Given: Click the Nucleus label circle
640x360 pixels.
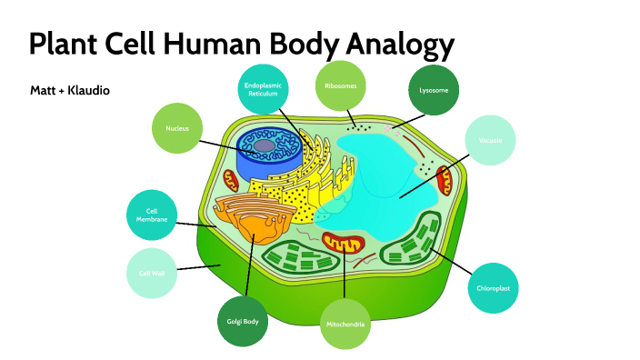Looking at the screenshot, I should click(177, 128).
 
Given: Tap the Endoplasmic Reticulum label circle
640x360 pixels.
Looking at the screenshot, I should click(264, 88).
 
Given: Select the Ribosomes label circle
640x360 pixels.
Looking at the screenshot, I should click(341, 85).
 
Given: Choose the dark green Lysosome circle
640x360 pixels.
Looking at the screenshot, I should click(434, 90).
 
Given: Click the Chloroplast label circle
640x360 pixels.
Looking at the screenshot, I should click(494, 288).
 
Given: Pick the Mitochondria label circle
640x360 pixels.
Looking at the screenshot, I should click(346, 324).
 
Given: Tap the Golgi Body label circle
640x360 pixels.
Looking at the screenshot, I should click(243, 321).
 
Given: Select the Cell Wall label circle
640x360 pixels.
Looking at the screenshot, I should click(151, 273).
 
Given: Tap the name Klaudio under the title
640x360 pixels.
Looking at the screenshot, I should click(91, 91).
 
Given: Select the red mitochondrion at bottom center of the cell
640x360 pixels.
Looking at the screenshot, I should click(345, 245).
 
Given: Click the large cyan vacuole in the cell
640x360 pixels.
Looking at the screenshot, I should click(391, 182).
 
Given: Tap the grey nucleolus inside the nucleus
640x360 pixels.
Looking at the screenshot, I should click(265, 145).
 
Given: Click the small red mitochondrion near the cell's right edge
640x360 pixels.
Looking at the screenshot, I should click(444, 180).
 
